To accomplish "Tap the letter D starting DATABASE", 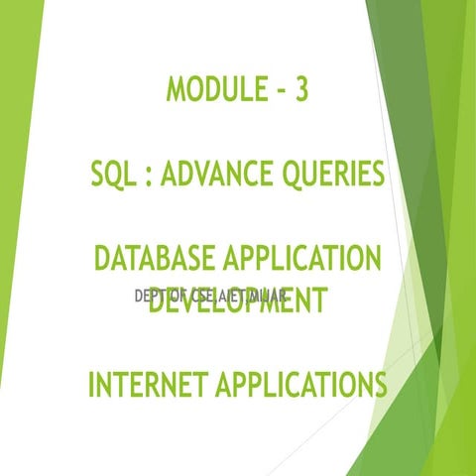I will pyautogui.click(x=102, y=261).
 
